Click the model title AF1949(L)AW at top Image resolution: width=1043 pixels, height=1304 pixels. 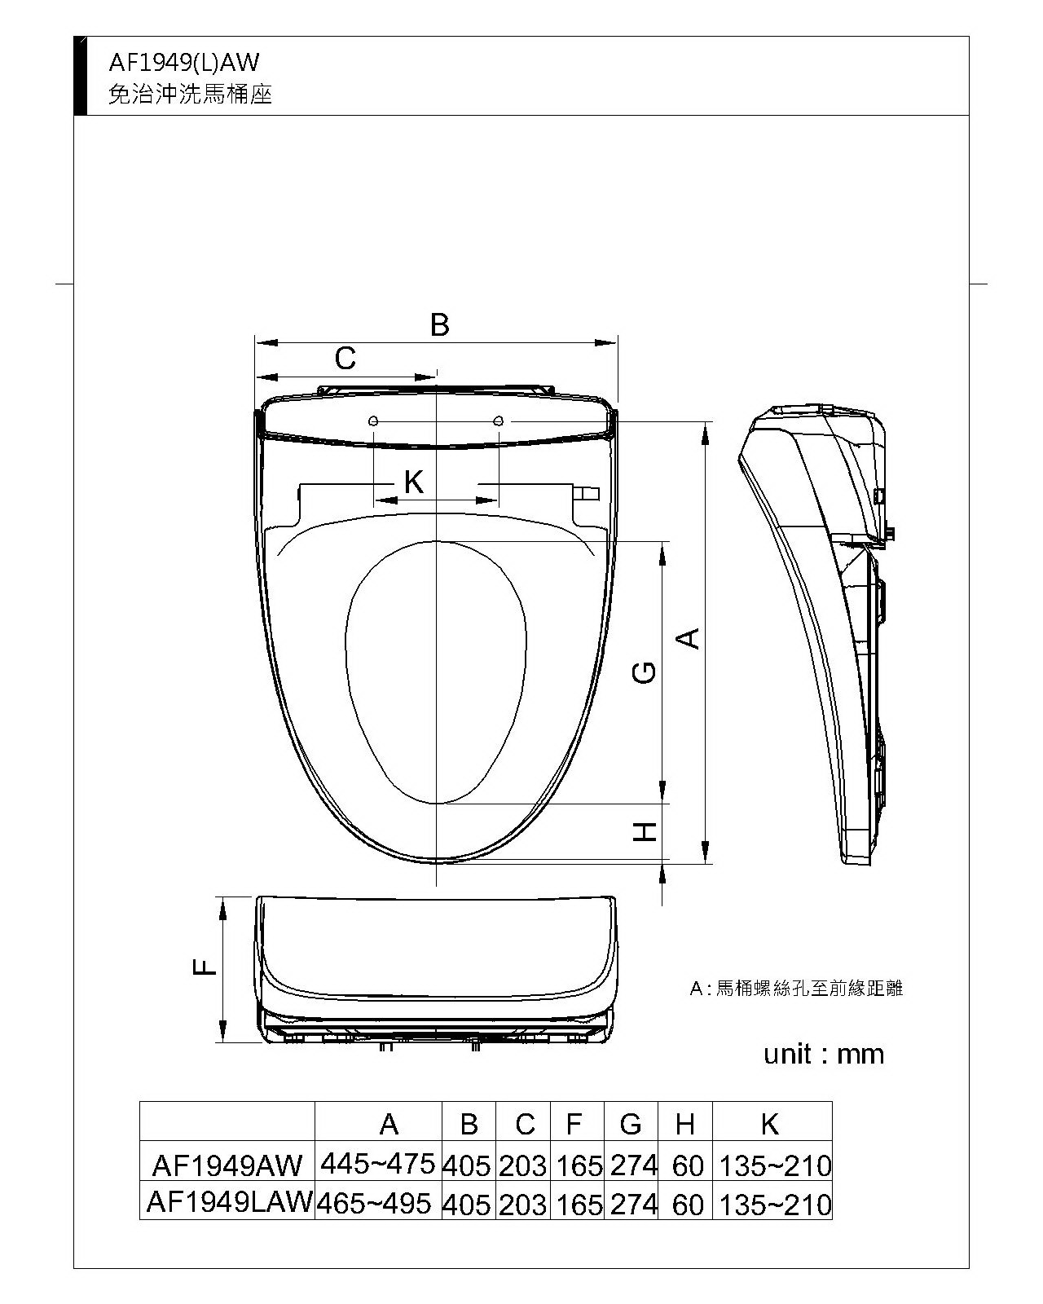[x=183, y=62]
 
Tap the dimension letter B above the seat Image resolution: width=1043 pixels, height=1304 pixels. [x=439, y=325]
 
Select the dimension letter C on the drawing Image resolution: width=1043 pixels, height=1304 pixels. [x=345, y=358]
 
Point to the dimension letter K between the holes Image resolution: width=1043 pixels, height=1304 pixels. [x=414, y=482]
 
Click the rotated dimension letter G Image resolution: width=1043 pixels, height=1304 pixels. [x=644, y=672]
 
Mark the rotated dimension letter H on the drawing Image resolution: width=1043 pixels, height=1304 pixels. [x=645, y=832]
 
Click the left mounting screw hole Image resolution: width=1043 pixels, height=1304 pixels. [x=373, y=421]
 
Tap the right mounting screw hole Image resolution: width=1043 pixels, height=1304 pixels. [x=498, y=421]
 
